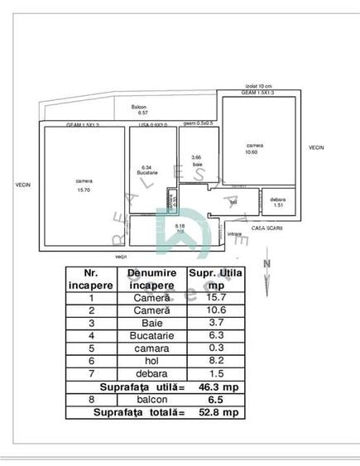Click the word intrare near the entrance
[234, 234]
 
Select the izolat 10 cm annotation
[258, 85]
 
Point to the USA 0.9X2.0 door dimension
[152, 125]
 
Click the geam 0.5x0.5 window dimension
[198, 123]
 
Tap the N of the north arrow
[266, 264]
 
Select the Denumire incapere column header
[151, 278]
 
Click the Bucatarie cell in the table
[151, 337]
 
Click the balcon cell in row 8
[151, 399]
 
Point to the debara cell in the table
[151, 374]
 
